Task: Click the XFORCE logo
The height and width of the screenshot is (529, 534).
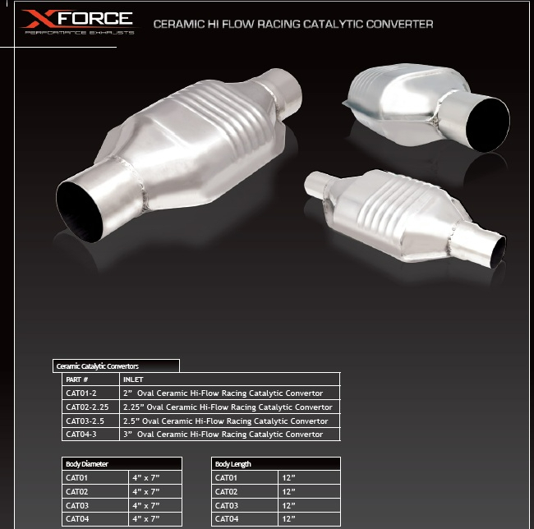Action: pyautogui.click(x=78, y=22)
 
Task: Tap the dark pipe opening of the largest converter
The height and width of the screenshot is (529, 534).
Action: pyautogui.click(x=80, y=212)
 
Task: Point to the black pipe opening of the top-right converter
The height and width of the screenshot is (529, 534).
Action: pyautogui.click(x=487, y=123)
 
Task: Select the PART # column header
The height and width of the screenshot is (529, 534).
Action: pyautogui.click(x=77, y=379)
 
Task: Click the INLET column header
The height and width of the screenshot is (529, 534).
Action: pyautogui.click(x=133, y=379)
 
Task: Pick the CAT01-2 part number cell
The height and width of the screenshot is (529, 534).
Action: pyautogui.click(x=81, y=393)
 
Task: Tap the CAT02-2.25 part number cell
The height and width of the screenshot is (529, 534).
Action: pyautogui.click(x=87, y=407)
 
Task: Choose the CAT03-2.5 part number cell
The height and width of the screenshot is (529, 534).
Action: pyautogui.click(x=85, y=421)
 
